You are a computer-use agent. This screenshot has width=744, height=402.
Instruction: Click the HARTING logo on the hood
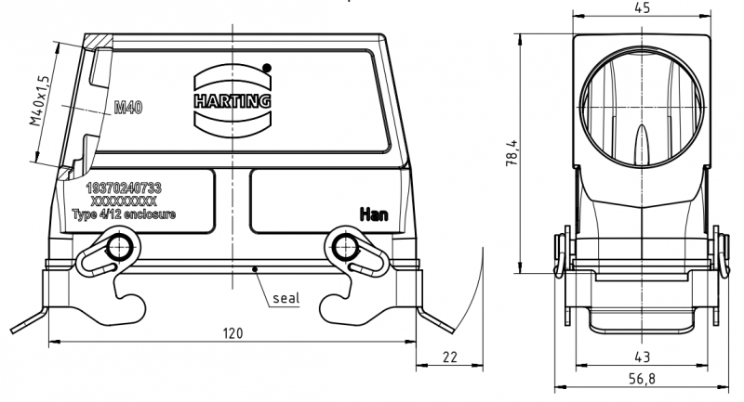click(x=232, y=99)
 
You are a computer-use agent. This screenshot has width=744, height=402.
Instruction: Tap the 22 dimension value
click(x=451, y=357)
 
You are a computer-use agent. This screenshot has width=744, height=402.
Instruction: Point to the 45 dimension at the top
click(x=641, y=8)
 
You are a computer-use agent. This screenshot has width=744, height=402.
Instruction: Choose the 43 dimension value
click(x=641, y=356)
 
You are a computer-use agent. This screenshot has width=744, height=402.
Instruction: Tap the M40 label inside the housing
click(x=128, y=109)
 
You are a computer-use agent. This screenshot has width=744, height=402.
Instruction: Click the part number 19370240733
click(x=123, y=188)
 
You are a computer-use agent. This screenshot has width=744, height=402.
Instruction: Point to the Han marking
click(x=375, y=215)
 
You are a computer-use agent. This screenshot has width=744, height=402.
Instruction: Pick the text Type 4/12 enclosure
click(x=124, y=214)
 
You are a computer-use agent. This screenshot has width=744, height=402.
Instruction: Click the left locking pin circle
click(x=118, y=248)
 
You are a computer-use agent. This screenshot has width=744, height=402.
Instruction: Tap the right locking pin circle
click(x=345, y=248)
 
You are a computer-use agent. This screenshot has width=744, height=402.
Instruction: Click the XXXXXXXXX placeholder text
click(x=123, y=201)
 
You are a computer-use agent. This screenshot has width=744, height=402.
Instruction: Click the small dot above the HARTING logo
click(x=267, y=67)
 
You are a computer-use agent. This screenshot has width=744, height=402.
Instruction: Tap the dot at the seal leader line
click(x=256, y=271)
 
